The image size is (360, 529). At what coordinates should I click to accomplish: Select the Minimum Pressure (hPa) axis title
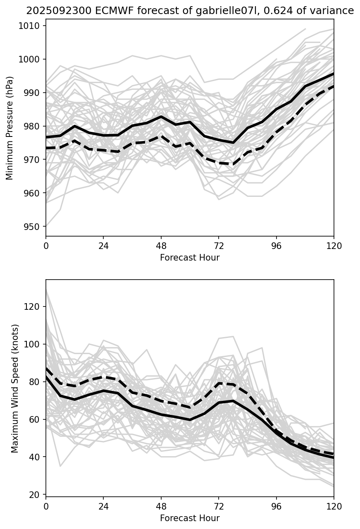[x=10, y=128]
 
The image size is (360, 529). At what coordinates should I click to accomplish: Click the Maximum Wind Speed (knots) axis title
[x=15, y=388]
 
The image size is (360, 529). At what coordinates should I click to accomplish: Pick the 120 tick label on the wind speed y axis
[x=33, y=306]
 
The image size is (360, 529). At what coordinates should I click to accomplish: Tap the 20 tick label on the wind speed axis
[x=36, y=495]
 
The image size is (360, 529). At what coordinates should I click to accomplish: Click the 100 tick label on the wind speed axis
[x=33, y=344]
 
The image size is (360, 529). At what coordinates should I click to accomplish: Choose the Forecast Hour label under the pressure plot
[x=190, y=258]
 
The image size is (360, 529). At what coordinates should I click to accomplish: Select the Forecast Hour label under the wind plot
[x=190, y=518]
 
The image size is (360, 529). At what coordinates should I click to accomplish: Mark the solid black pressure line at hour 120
[x=333, y=74]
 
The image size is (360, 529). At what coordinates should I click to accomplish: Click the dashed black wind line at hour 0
[x=47, y=368]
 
